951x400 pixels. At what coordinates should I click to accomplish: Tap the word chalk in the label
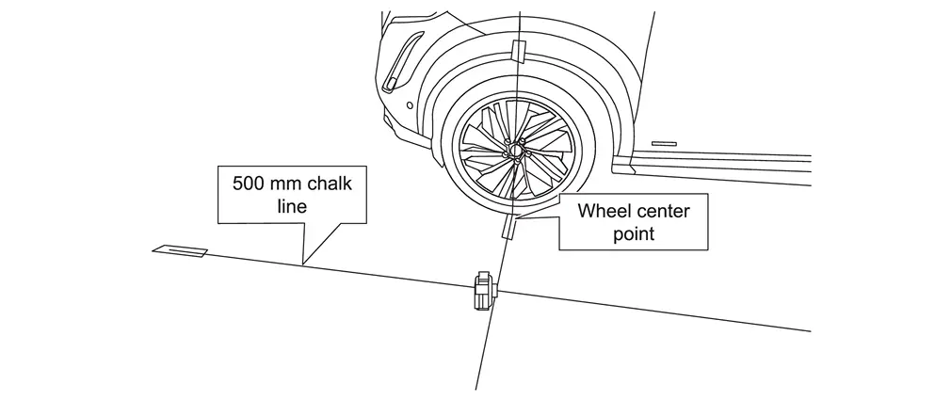point(326,183)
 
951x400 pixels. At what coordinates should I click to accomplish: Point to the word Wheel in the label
point(604,211)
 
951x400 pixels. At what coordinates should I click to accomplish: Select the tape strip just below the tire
point(508,228)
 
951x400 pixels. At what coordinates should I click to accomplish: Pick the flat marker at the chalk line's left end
point(181,250)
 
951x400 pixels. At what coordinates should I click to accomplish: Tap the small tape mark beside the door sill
point(664,143)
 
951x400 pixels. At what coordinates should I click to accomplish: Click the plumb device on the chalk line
point(483,289)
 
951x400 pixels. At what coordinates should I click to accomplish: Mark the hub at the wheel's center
point(515,148)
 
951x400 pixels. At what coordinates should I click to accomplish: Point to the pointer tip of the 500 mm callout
point(301,263)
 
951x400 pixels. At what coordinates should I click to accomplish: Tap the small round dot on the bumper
point(411,104)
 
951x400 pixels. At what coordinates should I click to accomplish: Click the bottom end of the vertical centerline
point(476,389)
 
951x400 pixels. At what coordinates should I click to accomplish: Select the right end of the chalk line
point(810,330)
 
